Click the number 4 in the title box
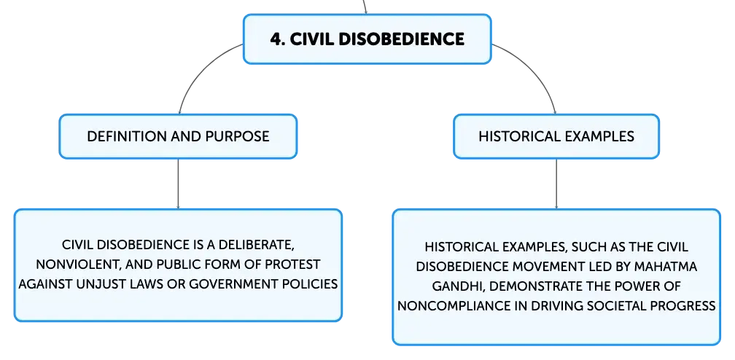click(x=277, y=39)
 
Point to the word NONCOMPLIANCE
click(x=451, y=305)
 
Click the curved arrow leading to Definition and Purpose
click(x=197, y=68)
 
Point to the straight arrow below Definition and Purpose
click(x=178, y=184)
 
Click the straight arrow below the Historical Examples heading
click(x=556, y=184)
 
